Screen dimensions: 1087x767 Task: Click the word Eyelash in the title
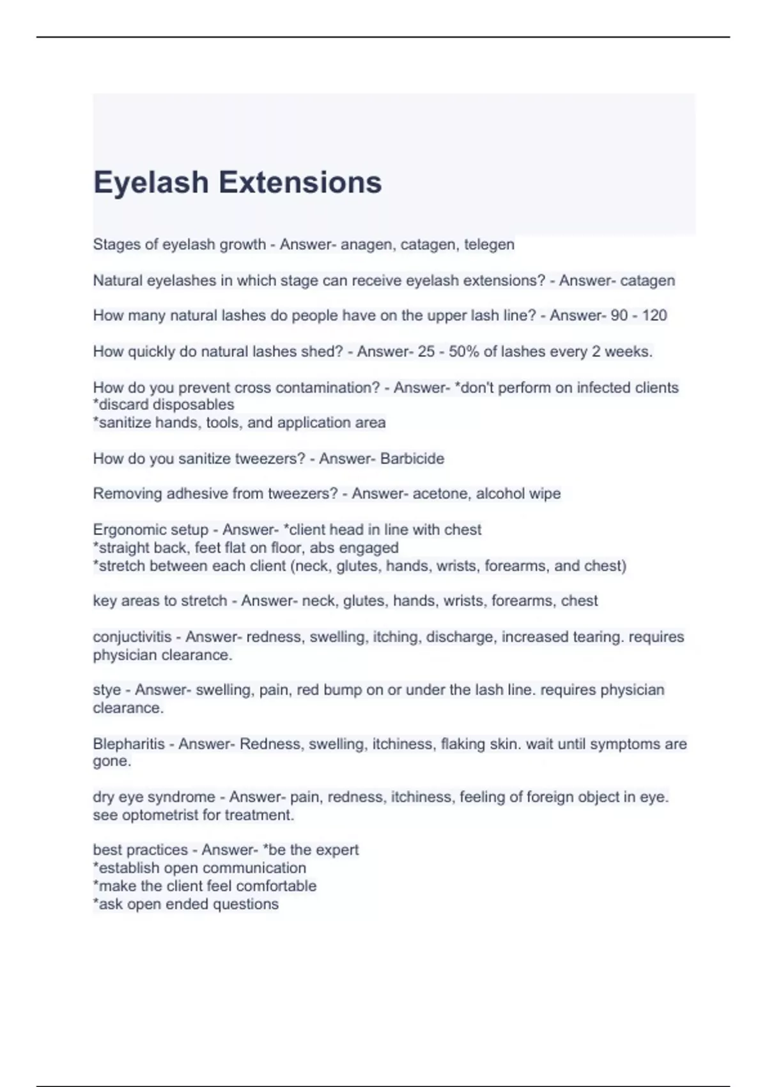tap(151, 182)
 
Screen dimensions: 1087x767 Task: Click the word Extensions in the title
tap(300, 182)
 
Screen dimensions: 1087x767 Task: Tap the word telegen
tap(489, 244)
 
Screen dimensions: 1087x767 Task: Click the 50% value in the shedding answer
tap(462, 351)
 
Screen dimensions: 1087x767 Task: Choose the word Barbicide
tap(412, 458)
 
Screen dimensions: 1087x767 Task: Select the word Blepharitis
tap(128, 744)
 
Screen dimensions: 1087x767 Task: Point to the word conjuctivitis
tap(132, 637)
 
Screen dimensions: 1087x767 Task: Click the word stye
tap(107, 690)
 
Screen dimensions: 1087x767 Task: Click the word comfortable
tap(277, 886)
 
